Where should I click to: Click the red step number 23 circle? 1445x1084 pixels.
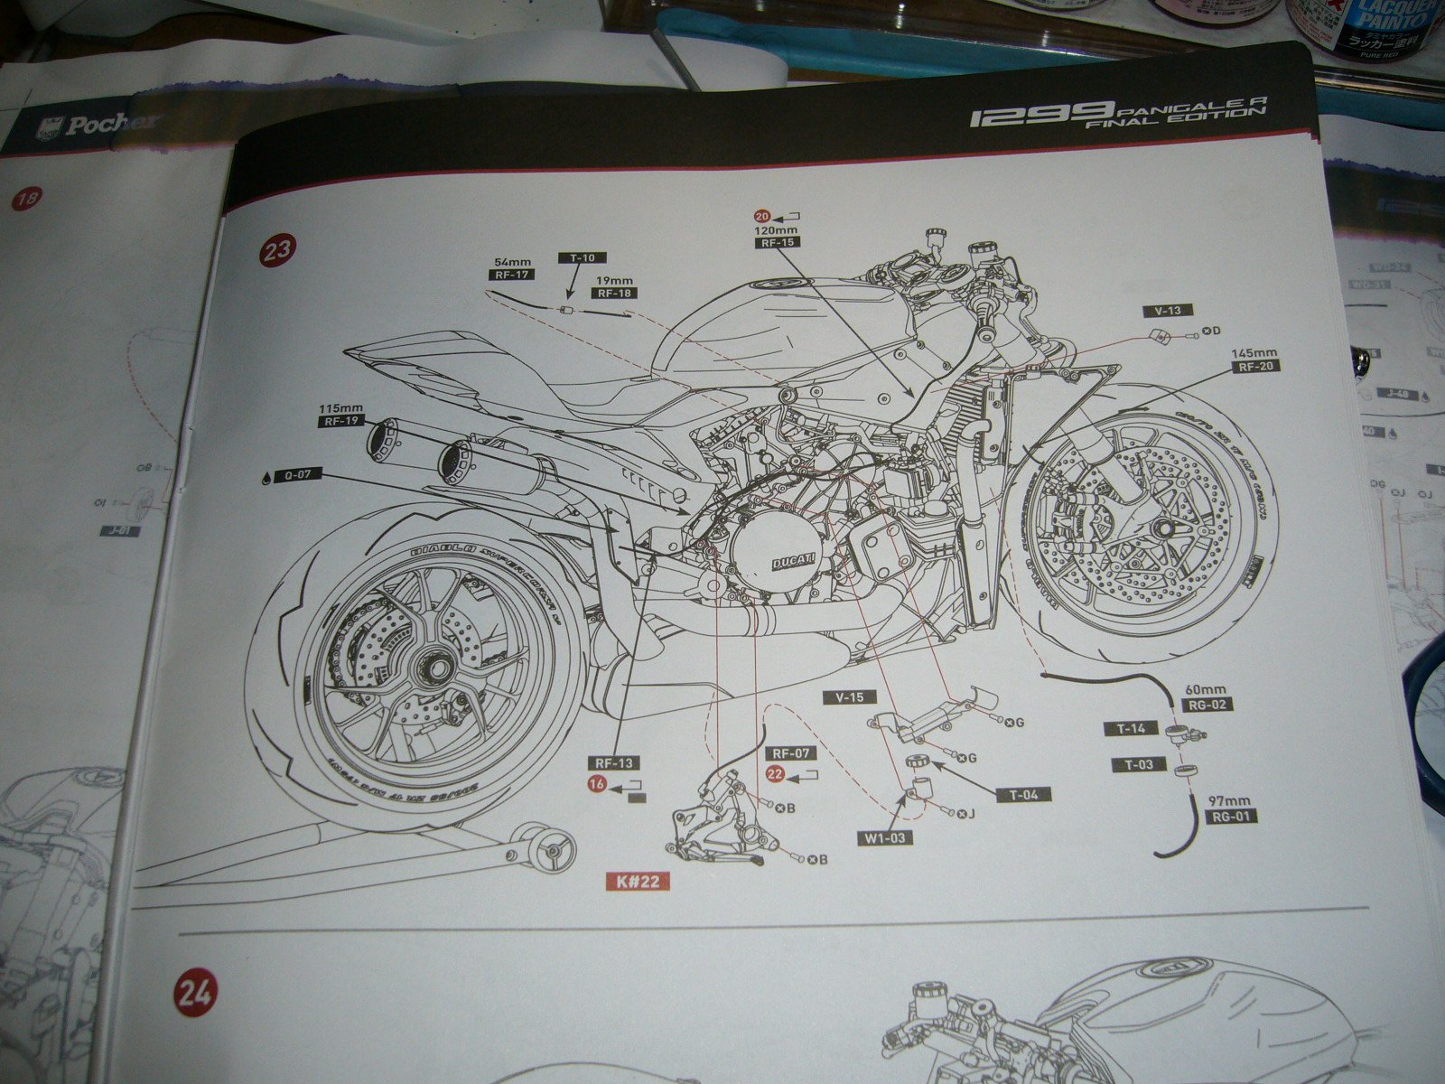276,249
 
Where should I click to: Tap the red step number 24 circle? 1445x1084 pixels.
194,995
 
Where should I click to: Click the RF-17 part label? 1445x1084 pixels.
512,274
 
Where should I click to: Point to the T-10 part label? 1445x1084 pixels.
583,257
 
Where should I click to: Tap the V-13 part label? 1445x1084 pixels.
1168,311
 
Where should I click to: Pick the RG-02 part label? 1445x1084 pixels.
1209,705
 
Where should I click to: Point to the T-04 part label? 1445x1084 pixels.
1023,794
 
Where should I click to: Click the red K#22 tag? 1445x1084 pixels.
639,882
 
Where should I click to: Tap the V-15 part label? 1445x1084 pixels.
850,696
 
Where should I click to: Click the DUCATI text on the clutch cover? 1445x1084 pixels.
792,562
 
